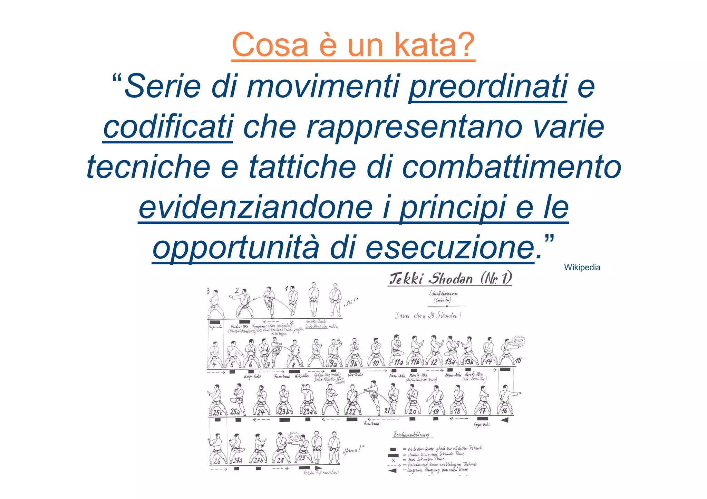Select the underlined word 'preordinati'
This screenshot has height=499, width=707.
[x=488, y=86]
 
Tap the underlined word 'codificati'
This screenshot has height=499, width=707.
[x=168, y=127]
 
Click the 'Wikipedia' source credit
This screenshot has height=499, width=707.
[x=582, y=267]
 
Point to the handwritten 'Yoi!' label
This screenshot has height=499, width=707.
[x=351, y=302]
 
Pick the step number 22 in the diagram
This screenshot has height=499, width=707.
[x=352, y=411]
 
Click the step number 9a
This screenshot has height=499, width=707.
[x=332, y=363]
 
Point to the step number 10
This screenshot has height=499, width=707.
[x=376, y=363]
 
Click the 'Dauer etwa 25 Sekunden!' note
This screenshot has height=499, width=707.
[x=428, y=316]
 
